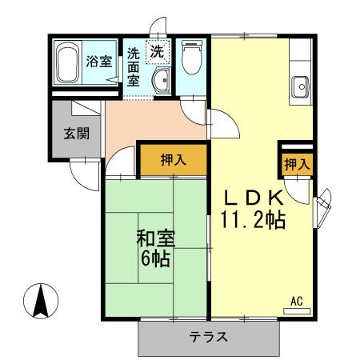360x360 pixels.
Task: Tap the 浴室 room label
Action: (x=99, y=62)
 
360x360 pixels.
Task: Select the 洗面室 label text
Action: (x=134, y=67)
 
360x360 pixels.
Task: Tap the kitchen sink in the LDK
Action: (x=301, y=85)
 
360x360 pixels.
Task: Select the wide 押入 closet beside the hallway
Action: (x=173, y=159)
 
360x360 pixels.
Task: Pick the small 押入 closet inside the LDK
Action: (x=296, y=164)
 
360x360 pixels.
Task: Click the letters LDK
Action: (x=253, y=198)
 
